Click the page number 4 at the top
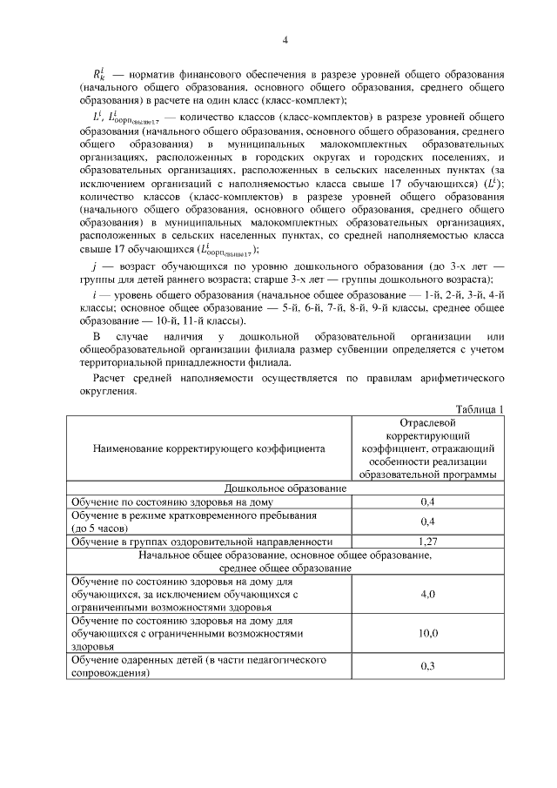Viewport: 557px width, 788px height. tap(285, 39)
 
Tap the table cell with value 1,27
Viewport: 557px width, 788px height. tap(428, 541)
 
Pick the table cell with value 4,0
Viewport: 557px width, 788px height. tap(428, 594)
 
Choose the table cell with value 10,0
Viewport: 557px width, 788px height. tap(428, 634)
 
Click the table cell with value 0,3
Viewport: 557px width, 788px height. tap(428, 667)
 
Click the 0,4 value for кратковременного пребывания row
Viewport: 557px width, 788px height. tap(428, 521)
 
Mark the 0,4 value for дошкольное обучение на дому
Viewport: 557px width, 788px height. tap(428, 502)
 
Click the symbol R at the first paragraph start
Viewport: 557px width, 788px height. tap(98, 76)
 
